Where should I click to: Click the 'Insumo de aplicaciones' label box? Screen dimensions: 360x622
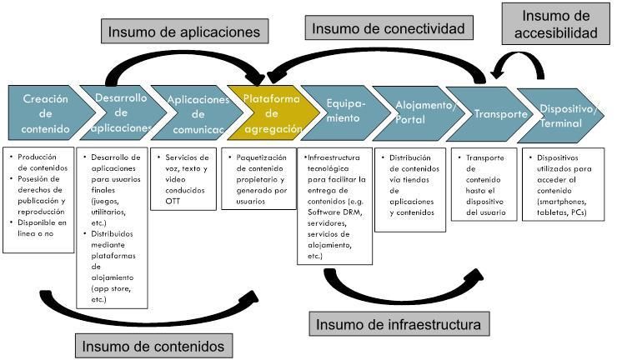(x=183, y=32)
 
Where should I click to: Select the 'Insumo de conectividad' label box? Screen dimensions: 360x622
(x=388, y=28)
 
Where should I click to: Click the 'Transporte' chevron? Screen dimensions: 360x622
(x=479, y=114)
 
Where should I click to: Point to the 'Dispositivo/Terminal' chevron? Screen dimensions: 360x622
(x=560, y=114)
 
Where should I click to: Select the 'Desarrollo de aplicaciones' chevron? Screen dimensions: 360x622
(x=117, y=114)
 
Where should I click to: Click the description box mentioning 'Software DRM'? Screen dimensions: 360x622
(x=334, y=205)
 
